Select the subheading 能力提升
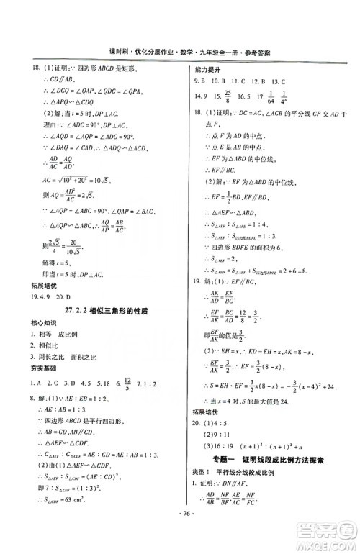tap(202, 69)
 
